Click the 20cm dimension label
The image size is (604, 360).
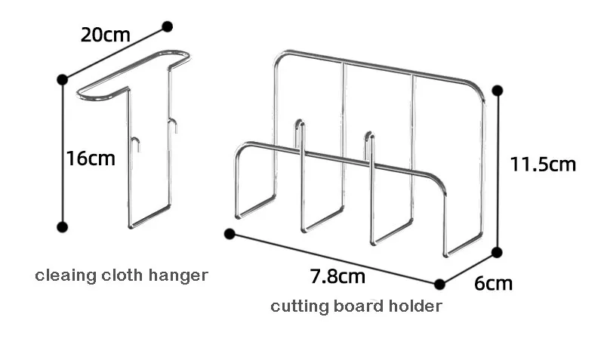tap(105, 35)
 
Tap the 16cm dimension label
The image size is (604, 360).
tap(91, 158)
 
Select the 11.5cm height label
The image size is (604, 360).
tap(543, 165)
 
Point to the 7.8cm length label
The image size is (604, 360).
tap(337, 276)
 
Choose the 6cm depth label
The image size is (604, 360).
tap(494, 284)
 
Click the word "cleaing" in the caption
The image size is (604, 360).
tap(66, 276)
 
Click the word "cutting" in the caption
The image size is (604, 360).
tap(300, 307)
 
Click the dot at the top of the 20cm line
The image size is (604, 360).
tap(167, 26)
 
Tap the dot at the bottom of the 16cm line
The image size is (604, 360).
tap(63, 227)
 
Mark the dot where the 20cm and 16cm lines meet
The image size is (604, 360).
tap(63, 80)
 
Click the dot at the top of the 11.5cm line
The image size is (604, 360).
tap(498, 91)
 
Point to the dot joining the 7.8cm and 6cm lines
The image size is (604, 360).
tap(439, 285)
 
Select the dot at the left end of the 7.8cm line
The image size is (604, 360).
tap(230, 234)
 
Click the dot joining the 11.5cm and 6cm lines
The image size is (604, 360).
tap(497, 253)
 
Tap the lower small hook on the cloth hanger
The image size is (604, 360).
tap(136, 143)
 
